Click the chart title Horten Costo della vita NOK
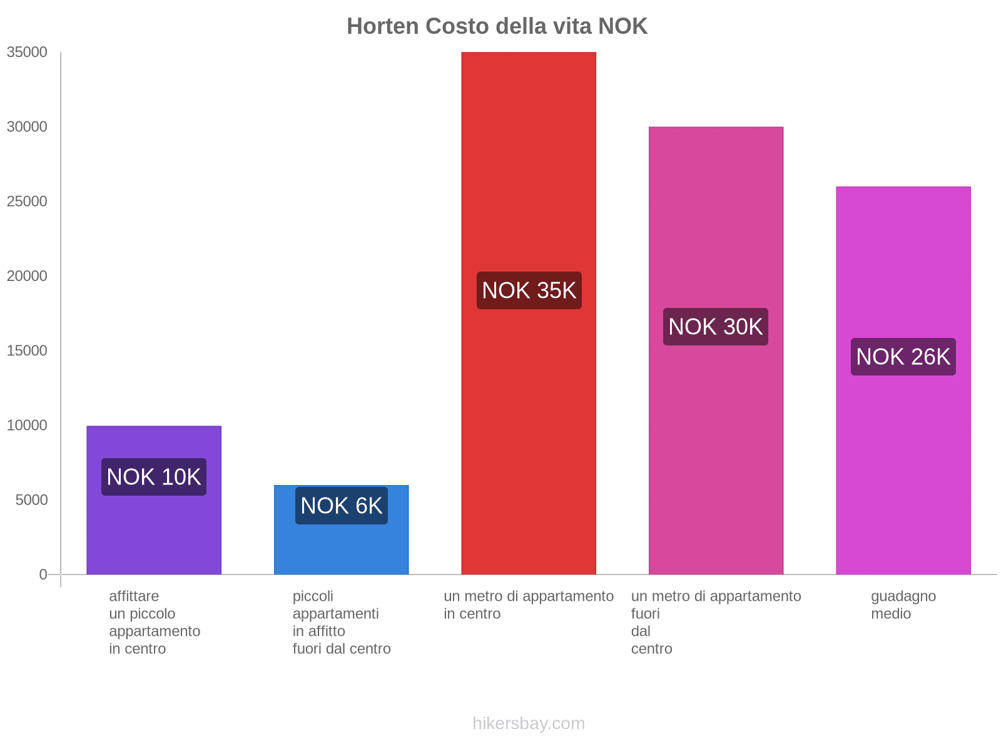[497, 26]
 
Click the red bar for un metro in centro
[529, 407]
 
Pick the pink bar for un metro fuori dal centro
[716, 438]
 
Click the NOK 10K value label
[154, 477]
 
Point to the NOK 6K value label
[341, 506]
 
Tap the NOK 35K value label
[529, 290]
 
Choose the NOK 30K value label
[716, 327]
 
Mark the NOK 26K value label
[903, 357]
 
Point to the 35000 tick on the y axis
[27, 53]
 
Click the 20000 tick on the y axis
[27, 276]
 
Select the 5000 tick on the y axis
[30, 500]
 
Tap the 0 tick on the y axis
[43, 575]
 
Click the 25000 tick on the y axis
[27, 202]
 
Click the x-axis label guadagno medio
[903, 605]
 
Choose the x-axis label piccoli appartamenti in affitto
[341, 622]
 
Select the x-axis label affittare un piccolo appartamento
[154, 622]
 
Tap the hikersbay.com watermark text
[529, 723]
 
